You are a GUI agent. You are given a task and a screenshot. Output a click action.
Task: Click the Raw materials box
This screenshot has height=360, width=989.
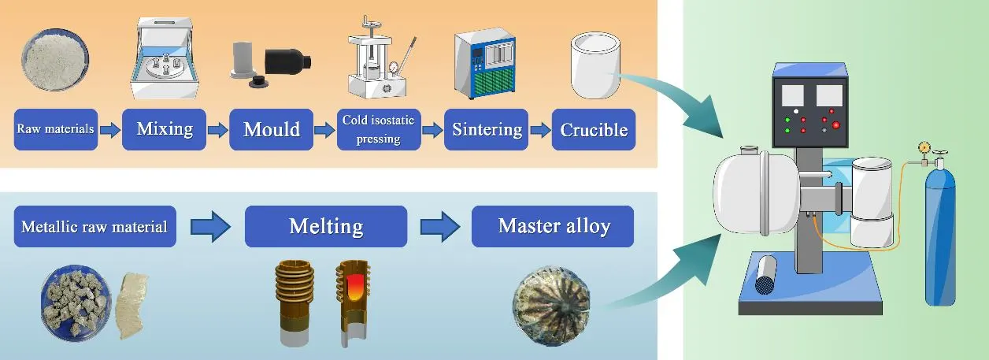click(x=56, y=129)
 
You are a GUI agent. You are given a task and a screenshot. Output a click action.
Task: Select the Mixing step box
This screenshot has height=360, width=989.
click(x=165, y=129)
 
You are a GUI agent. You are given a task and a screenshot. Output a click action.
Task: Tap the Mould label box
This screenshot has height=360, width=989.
click(x=271, y=129)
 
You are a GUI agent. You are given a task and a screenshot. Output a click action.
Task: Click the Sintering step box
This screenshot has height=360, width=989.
click(x=487, y=129)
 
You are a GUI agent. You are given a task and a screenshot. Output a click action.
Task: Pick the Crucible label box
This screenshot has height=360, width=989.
click(x=594, y=129)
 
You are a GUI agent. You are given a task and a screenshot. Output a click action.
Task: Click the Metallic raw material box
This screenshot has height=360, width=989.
click(x=94, y=227)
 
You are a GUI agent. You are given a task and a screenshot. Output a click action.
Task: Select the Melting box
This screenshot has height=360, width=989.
click(x=325, y=227)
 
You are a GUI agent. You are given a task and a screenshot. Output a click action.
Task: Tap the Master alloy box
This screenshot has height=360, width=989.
click(x=554, y=227)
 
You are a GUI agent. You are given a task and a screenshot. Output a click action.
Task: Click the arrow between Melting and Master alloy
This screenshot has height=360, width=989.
click(x=439, y=227)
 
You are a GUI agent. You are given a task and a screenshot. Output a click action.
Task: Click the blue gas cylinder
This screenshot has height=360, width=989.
click(x=940, y=236)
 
